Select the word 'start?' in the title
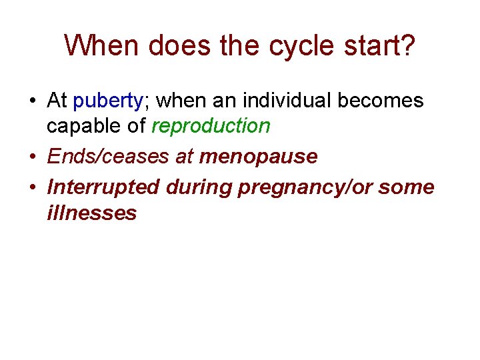[381, 46]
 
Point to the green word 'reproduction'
[211, 125]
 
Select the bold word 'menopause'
[258, 157]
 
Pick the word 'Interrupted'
[103, 187]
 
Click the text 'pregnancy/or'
[305, 188]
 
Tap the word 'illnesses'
[91, 213]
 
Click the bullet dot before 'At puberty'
[32, 101]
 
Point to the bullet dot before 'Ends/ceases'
[32, 157]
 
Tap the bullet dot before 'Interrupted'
[32, 188]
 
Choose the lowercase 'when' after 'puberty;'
[182, 101]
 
